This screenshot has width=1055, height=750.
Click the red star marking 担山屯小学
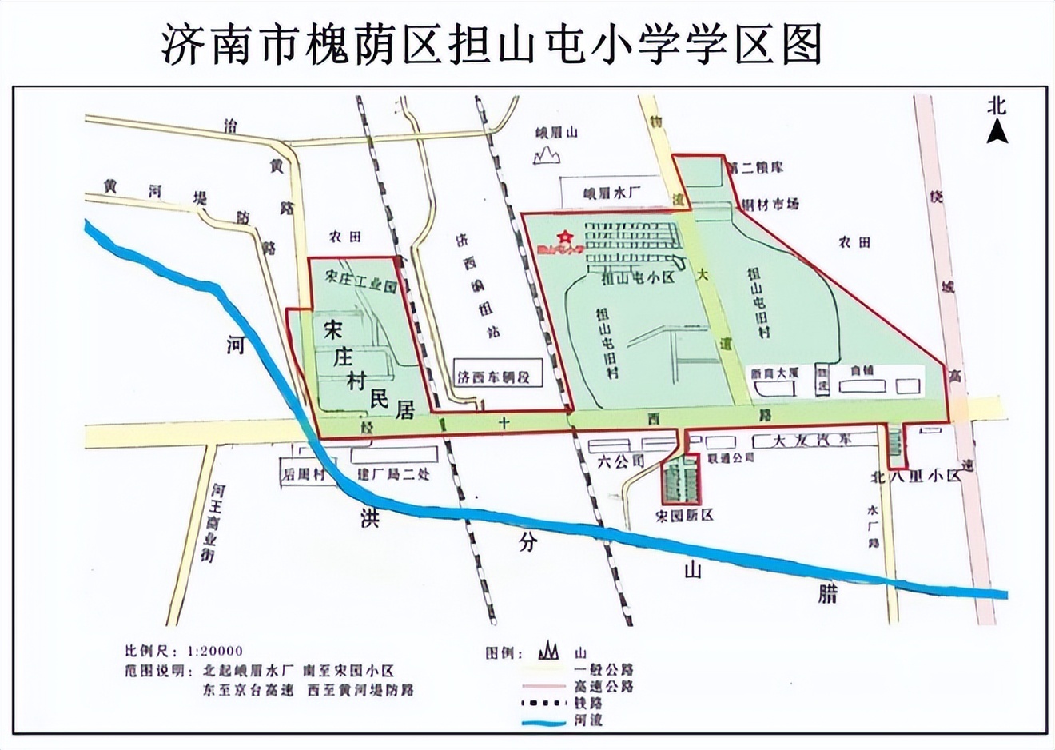tap(565, 236)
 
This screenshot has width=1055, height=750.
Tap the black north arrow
tap(996, 130)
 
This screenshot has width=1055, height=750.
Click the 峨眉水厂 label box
tap(613, 193)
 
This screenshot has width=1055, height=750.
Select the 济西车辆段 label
tap(494, 377)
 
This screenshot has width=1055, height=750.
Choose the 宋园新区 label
tap(684, 516)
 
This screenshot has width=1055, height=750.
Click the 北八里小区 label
tap(915, 477)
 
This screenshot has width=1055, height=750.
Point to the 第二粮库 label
tap(757, 167)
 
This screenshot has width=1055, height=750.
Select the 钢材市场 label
tap(771, 205)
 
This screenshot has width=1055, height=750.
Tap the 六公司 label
tap(621, 461)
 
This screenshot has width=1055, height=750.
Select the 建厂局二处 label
tap(394, 474)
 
